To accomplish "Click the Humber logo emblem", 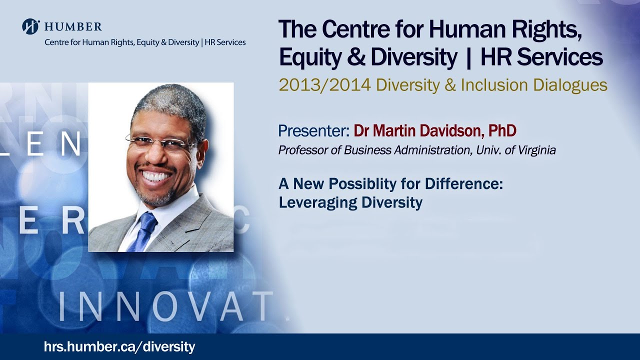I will [30, 26].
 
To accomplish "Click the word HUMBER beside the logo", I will [73, 27].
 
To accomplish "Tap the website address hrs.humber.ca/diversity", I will [119, 346].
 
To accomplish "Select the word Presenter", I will [313, 131].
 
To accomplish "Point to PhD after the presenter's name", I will [502, 131].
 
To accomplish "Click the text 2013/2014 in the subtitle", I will [324, 85].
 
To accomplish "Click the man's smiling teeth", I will [156, 176].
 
